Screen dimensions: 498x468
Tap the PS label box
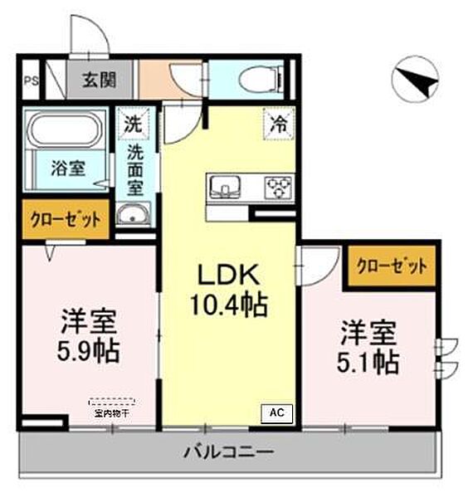[x=30, y=81]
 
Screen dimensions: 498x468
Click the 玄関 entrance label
[x=98, y=81]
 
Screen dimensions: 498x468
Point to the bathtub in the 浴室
[x=66, y=131]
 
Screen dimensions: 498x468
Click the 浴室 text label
[x=68, y=167]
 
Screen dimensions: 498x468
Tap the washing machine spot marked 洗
[x=133, y=125]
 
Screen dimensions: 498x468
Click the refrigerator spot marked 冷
[x=279, y=124]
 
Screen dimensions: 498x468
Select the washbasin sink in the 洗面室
[x=133, y=217]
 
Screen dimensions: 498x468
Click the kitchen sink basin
[x=225, y=186]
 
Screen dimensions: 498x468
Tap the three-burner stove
[x=276, y=187]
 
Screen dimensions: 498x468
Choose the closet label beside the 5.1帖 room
[x=392, y=266]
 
